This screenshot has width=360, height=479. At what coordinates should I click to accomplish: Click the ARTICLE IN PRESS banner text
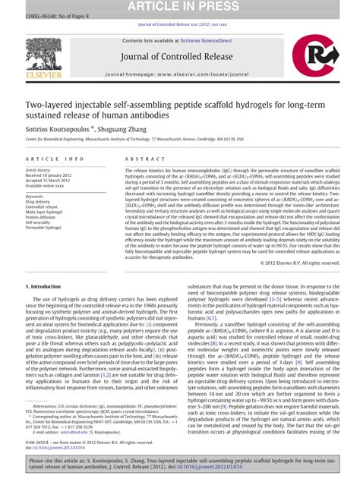pyautogui.click(x=180, y=7)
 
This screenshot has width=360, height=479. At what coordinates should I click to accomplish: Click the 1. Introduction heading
pyautogui.click(x=49, y=266)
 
